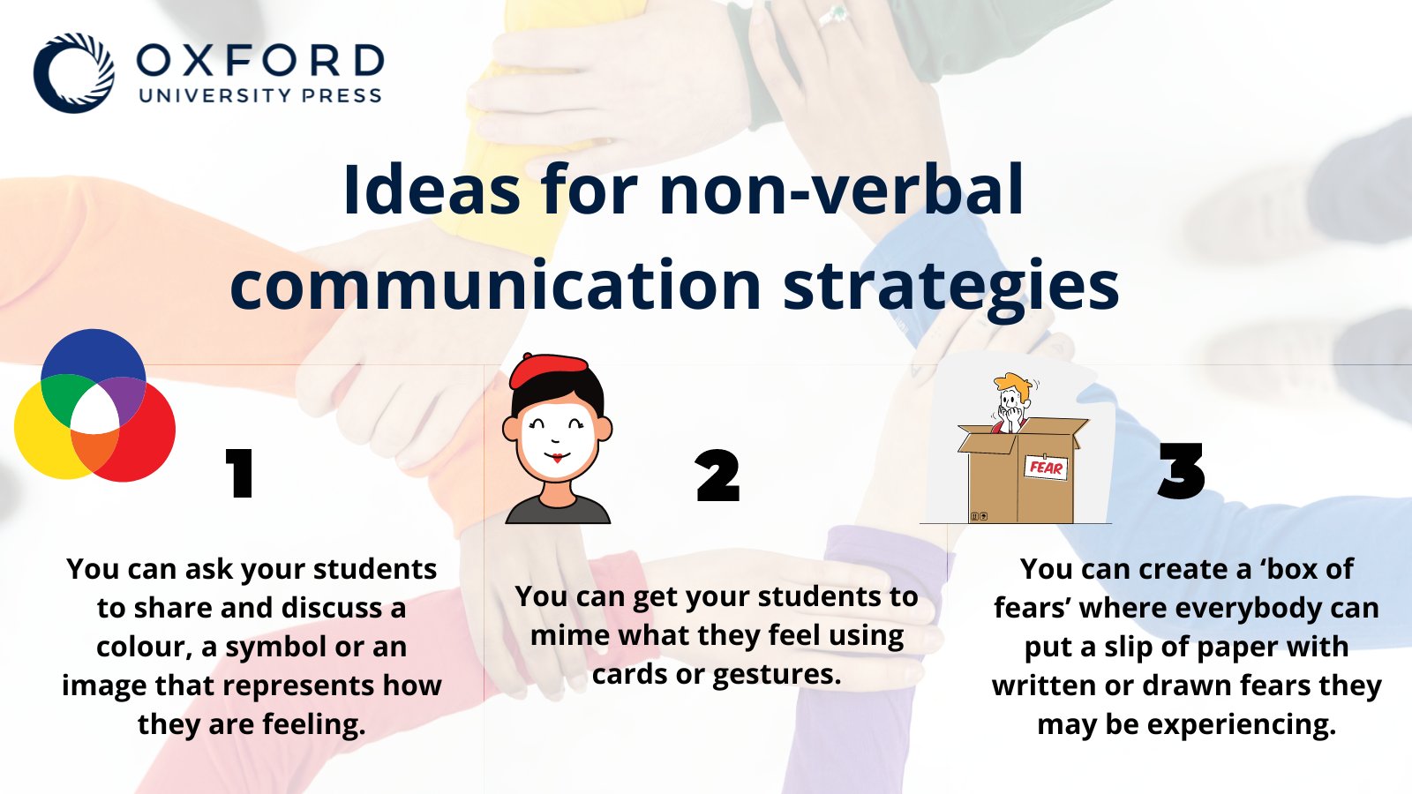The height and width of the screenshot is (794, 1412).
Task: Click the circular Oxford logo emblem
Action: tap(74, 73)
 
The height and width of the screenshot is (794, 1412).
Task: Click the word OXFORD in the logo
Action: tap(260, 61)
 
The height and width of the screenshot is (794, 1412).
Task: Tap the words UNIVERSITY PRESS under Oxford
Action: tap(260, 95)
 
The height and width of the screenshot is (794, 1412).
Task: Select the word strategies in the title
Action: tap(950, 285)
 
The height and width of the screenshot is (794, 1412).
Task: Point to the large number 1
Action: tap(239, 474)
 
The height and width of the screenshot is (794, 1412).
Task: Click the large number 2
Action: tap(717, 476)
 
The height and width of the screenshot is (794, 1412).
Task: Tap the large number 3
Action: tap(1181, 472)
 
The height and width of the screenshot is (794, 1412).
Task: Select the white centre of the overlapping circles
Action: tap(94, 411)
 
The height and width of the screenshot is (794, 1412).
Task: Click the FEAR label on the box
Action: tap(1046, 468)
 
